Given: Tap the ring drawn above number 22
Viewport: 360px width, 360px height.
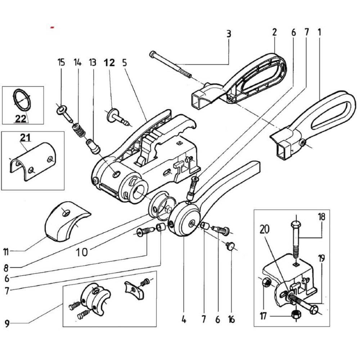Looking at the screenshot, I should point(22,100).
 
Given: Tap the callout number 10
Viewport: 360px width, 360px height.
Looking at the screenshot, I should point(82,251).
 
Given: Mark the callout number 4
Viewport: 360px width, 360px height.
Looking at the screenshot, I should point(184,319).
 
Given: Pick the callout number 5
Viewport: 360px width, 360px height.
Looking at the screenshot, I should point(124,63).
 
